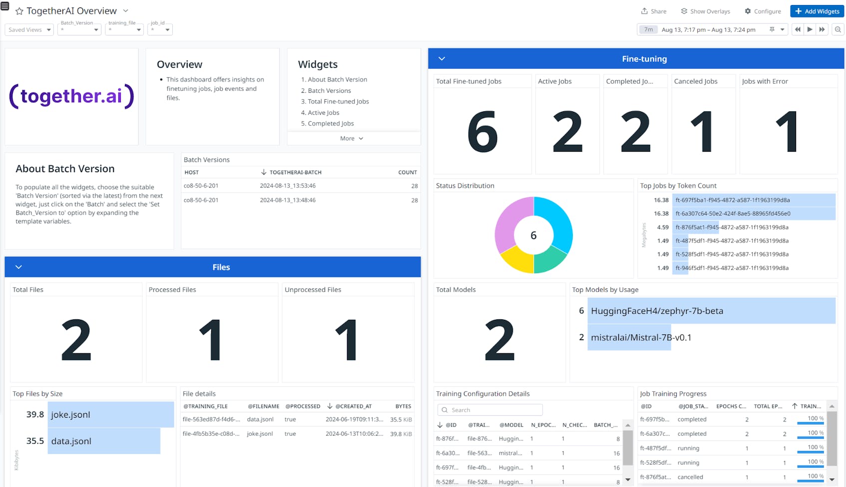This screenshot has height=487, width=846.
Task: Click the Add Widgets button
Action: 817,11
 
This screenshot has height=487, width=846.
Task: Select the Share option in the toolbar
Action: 654,11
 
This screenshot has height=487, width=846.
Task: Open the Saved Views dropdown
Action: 29,29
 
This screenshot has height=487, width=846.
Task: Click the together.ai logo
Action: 71,96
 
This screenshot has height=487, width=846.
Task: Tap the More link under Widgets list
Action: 352,138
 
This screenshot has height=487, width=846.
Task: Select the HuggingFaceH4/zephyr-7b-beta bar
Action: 711,311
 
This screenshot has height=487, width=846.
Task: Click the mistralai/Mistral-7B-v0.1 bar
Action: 629,337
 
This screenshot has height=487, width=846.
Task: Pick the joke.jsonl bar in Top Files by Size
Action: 110,415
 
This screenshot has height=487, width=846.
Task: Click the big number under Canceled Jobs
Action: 703,132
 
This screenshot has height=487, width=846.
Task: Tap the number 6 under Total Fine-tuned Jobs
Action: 482,132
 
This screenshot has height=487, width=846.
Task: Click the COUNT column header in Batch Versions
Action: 408,172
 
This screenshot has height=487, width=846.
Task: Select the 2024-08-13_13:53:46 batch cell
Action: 288,186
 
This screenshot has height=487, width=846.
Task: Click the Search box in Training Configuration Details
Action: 490,410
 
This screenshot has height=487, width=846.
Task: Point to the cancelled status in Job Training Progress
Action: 690,477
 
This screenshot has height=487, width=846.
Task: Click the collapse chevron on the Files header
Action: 18,267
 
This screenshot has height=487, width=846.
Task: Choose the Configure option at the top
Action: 763,11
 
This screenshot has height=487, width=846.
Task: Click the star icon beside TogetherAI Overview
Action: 19,11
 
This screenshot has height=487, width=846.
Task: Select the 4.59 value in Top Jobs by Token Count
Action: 663,227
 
